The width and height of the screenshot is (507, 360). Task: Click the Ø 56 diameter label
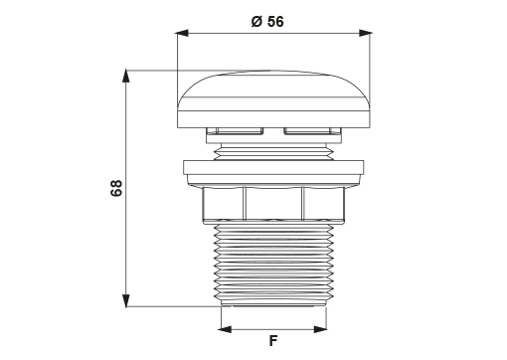267,22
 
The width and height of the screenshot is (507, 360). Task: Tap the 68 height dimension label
116,188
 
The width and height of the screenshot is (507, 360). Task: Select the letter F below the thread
272,340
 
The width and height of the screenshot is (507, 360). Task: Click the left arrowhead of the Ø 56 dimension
182,33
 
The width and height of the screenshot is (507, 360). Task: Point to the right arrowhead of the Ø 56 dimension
366,33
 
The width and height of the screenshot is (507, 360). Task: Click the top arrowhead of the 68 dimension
125,76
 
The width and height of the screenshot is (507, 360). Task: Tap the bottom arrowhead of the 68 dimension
125,300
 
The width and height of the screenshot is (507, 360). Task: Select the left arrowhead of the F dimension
225,329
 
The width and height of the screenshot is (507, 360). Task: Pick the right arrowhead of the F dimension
320,329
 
